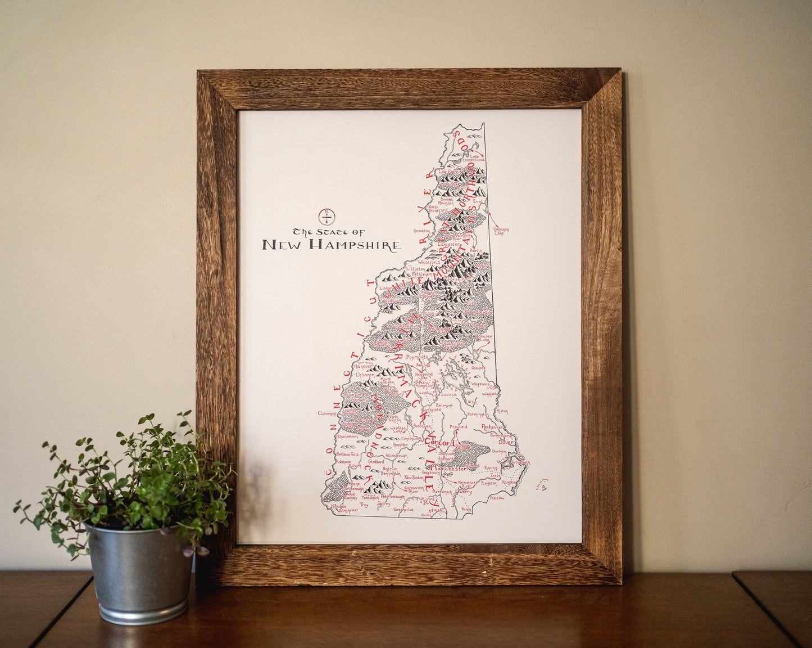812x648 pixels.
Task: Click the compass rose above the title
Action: (x=327, y=215)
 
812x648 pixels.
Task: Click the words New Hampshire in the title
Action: (x=332, y=245)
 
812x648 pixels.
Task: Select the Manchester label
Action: (x=452, y=468)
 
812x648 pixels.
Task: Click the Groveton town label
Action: (x=421, y=231)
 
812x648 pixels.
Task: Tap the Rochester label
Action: (x=492, y=427)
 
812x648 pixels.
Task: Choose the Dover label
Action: (x=506, y=442)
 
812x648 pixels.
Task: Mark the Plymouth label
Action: (x=417, y=357)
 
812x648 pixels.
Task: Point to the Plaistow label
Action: (x=497, y=498)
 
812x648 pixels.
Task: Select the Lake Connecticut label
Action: (x=477, y=158)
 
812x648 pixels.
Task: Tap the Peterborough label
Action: (x=393, y=497)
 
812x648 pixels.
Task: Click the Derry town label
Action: (x=465, y=491)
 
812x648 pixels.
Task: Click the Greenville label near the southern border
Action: (x=403, y=509)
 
